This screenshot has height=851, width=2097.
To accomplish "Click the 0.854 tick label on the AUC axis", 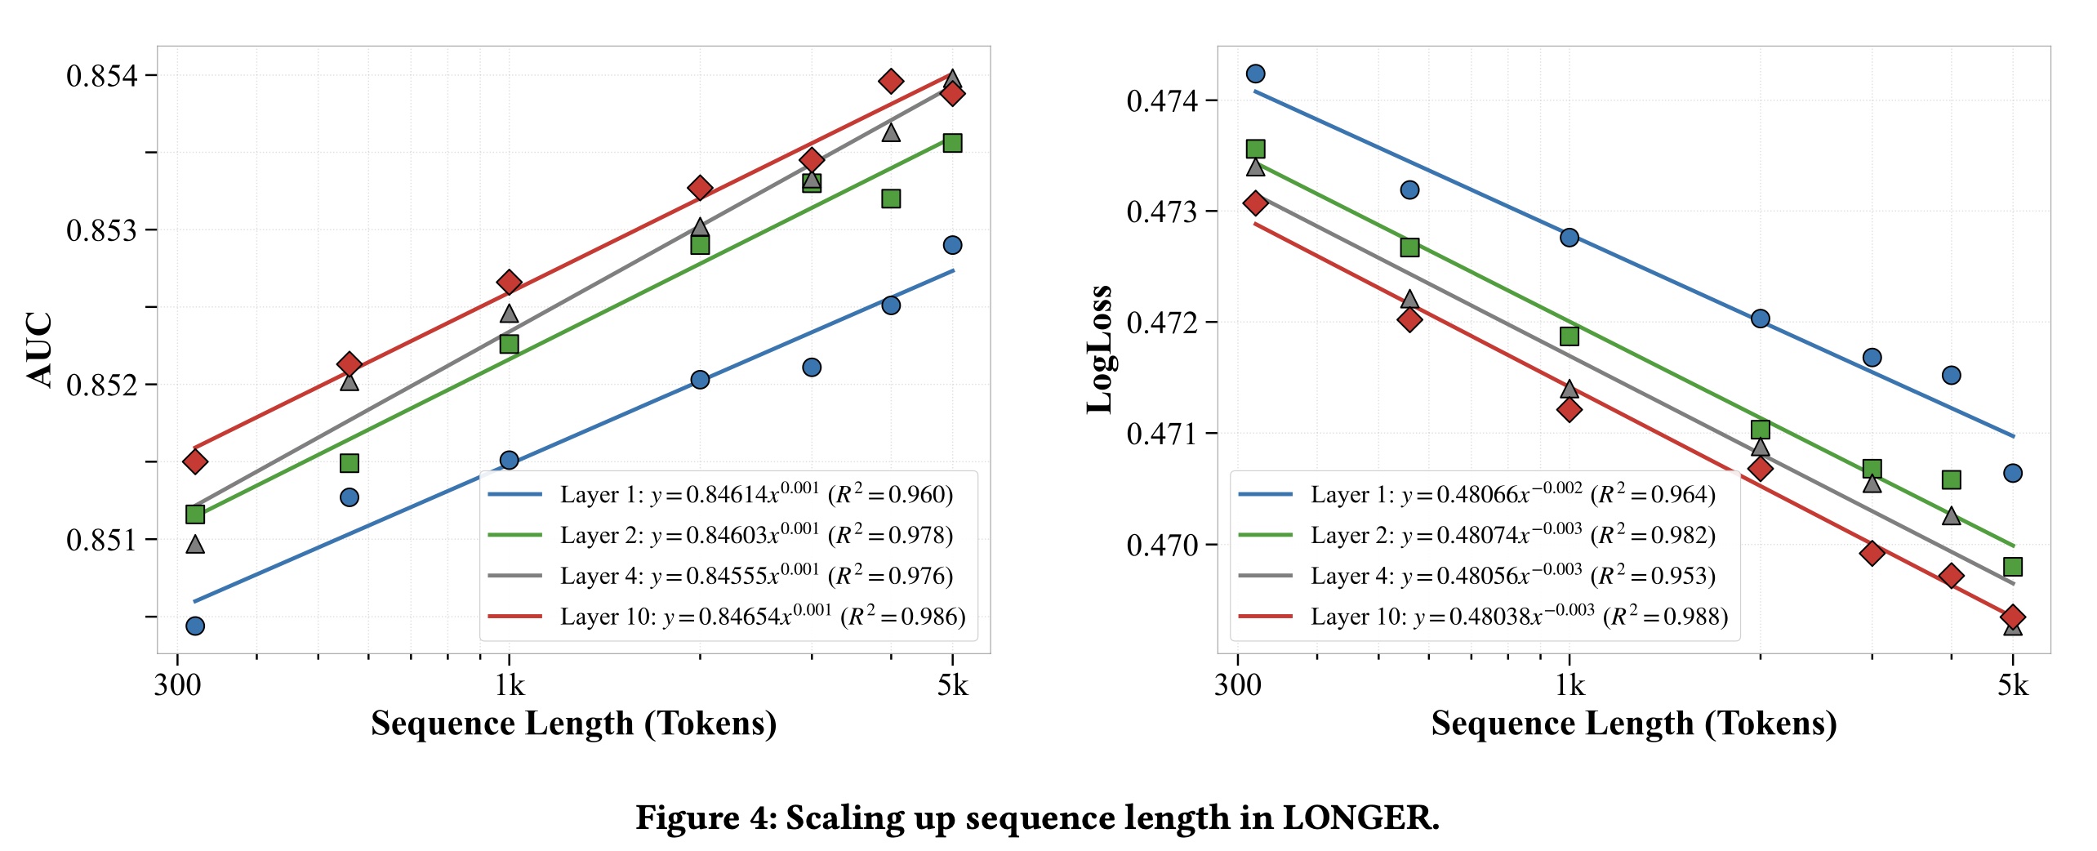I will click(102, 76).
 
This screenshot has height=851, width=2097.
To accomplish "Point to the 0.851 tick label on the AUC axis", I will click(102, 540).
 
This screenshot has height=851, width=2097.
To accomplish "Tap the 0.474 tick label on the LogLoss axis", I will click(1162, 101).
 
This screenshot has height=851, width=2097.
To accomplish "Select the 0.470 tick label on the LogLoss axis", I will click(1162, 545).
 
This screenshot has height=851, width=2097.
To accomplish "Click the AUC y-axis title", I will click(39, 349).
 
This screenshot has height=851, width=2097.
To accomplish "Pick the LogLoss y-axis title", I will click(1099, 350).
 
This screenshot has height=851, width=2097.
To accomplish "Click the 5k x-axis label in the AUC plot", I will click(952, 685).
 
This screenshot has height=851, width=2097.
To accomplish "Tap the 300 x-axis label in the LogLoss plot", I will click(1237, 685).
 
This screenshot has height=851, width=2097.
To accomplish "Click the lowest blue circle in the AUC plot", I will click(195, 626).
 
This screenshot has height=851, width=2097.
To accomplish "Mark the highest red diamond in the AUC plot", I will click(891, 81).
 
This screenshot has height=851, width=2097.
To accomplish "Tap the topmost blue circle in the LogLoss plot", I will click(1255, 74).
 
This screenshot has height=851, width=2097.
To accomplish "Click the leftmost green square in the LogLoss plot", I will click(1255, 149).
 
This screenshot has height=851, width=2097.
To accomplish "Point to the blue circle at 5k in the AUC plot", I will click(952, 245).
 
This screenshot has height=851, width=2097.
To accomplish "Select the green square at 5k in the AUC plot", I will click(952, 143).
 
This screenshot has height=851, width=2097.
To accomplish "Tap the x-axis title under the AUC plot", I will click(573, 724).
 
